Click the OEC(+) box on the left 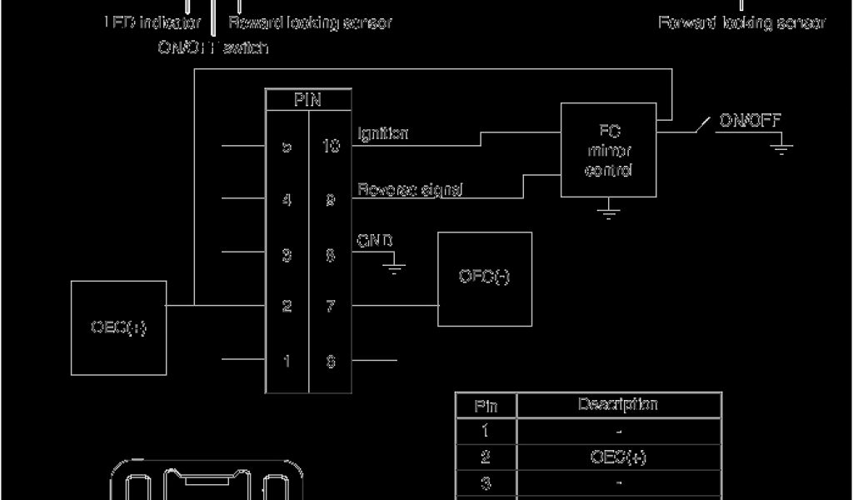click(x=118, y=327)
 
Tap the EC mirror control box click(x=610, y=151)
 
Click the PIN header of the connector click(x=308, y=100)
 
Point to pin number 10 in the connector click(x=331, y=147)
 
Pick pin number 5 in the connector click(x=287, y=147)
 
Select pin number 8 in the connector click(x=331, y=255)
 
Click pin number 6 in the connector click(x=331, y=362)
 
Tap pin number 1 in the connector click(x=287, y=362)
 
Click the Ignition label click(x=382, y=133)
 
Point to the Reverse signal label click(x=410, y=190)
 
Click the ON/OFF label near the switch click(x=750, y=121)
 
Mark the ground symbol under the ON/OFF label click(x=781, y=151)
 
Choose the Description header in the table click(x=617, y=405)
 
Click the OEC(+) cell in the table click(x=617, y=457)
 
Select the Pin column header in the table click(x=486, y=406)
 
